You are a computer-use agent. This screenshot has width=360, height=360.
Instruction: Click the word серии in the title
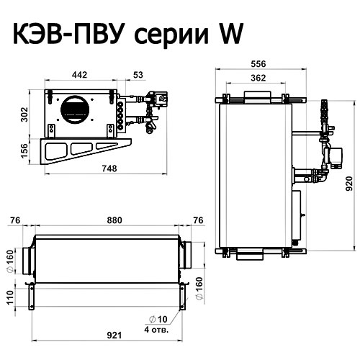coord(171,36)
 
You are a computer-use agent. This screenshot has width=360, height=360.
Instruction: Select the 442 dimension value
coord(79,75)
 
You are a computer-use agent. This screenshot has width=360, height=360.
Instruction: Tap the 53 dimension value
coord(138,75)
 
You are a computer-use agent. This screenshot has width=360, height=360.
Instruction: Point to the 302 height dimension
coord(24,114)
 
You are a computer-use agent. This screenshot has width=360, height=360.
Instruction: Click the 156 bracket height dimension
coord(24,151)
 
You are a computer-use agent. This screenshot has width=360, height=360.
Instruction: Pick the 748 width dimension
coord(109,168)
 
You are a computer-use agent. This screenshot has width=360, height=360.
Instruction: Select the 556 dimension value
coord(258,64)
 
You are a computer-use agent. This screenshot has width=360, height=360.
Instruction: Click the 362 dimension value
coord(258,78)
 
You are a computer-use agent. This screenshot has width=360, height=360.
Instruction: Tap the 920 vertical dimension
coord(349,184)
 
